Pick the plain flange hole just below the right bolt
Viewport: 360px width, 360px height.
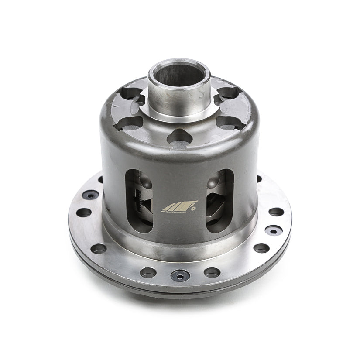(x=261, y=248)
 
